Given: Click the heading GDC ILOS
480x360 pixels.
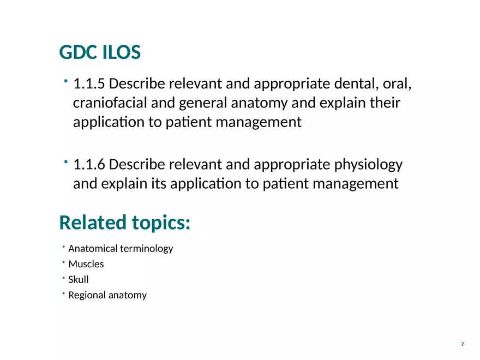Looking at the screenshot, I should point(100,53).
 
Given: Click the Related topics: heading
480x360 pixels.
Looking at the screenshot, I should point(124,223).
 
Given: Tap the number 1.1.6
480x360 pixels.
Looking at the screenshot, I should point(90,164).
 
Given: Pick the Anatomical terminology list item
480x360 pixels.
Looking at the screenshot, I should point(121,249).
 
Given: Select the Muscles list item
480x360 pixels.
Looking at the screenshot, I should point(86,264).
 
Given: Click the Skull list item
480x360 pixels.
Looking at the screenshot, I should point(79,280).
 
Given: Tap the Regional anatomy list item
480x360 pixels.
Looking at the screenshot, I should point(107,296).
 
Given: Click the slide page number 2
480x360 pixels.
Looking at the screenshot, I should point(463,344).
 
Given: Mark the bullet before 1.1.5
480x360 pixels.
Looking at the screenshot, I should point(65,82).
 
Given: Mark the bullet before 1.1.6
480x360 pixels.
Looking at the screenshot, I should point(65,162).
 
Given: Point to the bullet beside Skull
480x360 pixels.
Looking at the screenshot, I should point(63,278).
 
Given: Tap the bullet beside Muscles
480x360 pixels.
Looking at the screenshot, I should point(63,262).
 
